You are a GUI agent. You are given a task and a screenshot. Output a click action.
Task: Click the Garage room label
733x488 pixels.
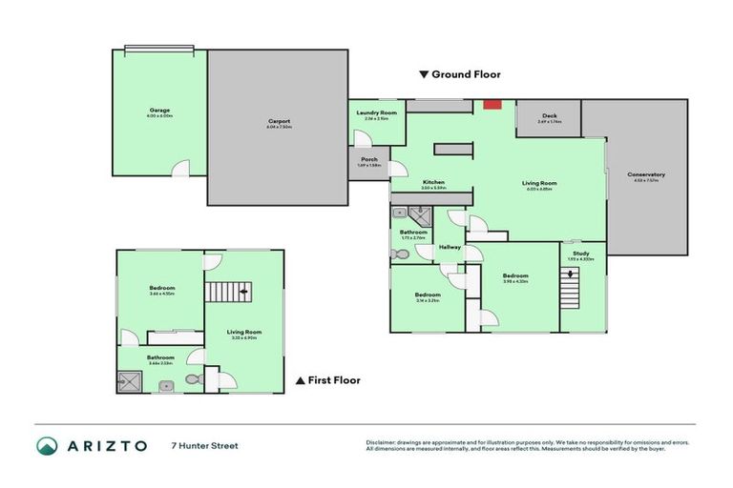(159, 111)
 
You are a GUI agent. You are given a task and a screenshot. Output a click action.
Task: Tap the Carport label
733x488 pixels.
(279, 121)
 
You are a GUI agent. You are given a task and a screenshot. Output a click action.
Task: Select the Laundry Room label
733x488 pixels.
(375, 113)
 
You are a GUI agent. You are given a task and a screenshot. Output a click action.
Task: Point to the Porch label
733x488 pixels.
(368, 160)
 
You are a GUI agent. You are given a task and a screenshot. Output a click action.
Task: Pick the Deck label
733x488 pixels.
(548, 116)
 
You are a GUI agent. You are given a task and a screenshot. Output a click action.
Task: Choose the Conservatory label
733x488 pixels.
(646, 174)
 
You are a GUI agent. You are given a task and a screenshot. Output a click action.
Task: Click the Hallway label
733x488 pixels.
(450, 247)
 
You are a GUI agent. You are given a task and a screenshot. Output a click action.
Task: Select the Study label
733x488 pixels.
(580, 254)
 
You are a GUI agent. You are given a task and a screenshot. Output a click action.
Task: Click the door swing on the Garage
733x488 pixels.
(178, 169)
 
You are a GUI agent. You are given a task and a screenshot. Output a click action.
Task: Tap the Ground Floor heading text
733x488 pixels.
(465, 74)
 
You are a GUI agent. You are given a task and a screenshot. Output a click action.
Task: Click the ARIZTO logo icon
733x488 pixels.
(47, 445)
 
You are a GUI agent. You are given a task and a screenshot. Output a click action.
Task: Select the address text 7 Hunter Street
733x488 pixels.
(204, 445)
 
